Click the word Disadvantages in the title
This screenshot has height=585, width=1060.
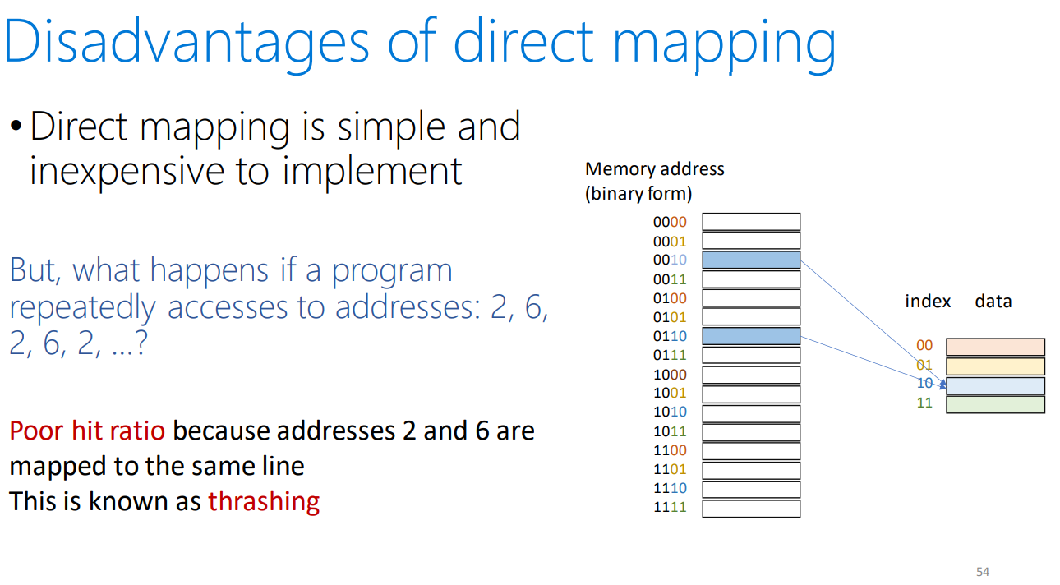[x=186, y=42]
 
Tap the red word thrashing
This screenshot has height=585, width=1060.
[x=264, y=501]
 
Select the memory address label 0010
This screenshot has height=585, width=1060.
[x=670, y=260]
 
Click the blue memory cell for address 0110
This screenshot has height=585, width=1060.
[x=751, y=336]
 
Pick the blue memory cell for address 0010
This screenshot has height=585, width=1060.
[x=751, y=260]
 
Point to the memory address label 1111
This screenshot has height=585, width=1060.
[x=670, y=507]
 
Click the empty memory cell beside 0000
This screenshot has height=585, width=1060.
[x=751, y=222]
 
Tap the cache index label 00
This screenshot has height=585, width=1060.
[x=924, y=345]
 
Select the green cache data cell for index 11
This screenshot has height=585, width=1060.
[x=995, y=405]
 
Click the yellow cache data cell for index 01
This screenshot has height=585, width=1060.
[x=995, y=366]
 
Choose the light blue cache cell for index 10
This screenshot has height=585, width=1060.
[x=995, y=385]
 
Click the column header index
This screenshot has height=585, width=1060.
[x=928, y=301]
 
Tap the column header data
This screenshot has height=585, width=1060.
[x=993, y=301]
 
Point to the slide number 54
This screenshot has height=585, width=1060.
[x=983, y=572]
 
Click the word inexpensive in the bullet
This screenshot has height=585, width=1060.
[x=127, y=172]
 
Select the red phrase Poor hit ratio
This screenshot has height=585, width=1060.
[x=87, y=431]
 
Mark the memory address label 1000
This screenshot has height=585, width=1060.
[x=670, y=375]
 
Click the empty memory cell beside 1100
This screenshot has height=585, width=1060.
[x=751, y=451]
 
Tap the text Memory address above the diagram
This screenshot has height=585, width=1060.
[x=654, y=169]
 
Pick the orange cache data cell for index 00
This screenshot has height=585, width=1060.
[x=995, y=347]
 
